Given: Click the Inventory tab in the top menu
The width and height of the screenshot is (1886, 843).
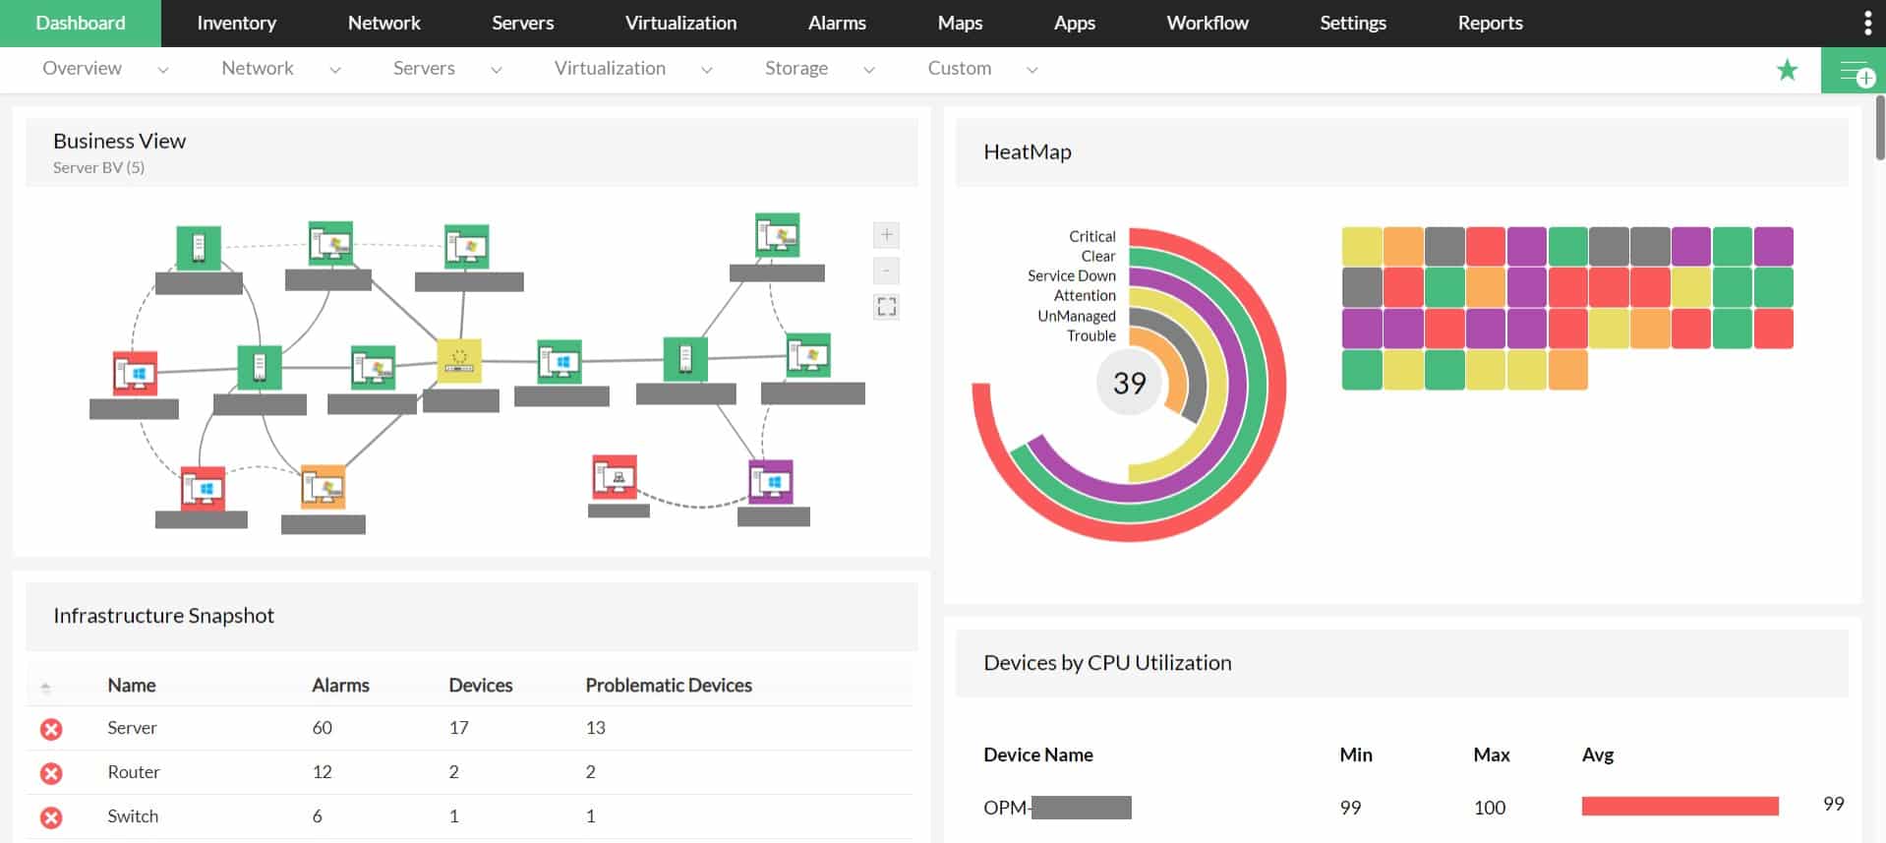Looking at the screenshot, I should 236,23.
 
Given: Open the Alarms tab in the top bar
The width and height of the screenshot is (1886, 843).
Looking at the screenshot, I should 837,23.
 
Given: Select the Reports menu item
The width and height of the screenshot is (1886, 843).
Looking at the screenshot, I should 1490,23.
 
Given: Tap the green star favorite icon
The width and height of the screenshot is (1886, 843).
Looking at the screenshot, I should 1787,70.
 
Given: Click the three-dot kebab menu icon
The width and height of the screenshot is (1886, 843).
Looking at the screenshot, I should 1867,23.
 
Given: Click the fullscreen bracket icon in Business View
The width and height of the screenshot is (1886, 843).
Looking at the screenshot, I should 886,307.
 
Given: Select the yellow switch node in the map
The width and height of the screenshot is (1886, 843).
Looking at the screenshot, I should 458,361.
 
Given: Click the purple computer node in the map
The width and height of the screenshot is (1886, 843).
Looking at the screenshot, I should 771,482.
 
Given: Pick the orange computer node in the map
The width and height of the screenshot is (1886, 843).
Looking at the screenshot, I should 323,486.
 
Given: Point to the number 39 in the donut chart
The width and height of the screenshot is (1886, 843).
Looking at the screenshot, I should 1129,383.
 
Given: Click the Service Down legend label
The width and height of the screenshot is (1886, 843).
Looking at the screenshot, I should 1071,276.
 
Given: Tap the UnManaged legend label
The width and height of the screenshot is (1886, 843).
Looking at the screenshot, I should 1076,316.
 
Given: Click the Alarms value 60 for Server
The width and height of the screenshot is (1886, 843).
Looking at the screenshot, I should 322,728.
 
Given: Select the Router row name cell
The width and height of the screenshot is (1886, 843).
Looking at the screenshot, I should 134,772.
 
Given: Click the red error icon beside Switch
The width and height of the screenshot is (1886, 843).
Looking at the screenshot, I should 51,817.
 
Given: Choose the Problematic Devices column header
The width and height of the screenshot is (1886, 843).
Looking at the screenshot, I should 668,686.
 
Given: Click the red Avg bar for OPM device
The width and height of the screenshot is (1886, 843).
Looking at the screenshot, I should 1680,807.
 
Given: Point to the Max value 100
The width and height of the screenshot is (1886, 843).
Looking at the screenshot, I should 1489,808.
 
